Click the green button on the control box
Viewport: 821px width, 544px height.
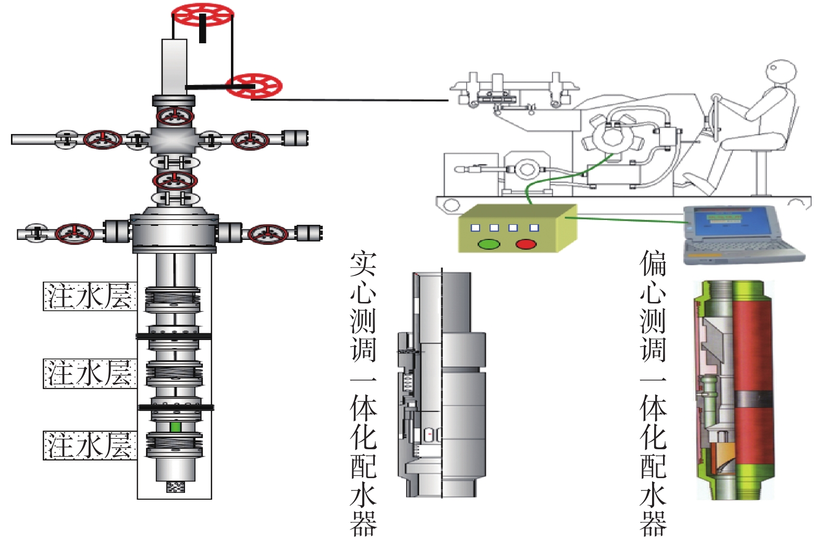(489, 244)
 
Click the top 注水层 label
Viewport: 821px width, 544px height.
(90, 296)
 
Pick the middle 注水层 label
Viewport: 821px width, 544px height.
(90, 373)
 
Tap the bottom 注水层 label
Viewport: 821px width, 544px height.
(90, 445)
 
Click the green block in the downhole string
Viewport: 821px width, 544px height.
(176, 427)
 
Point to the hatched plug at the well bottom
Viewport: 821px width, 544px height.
(176, 487)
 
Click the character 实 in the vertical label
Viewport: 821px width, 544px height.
(363, 264)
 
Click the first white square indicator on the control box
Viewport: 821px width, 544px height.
(475, 228)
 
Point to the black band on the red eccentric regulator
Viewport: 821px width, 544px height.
(753, 400)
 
